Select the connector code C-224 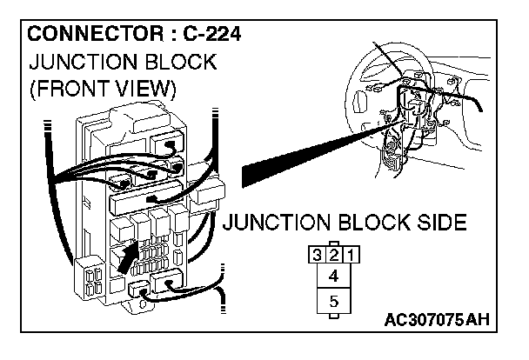pyautogui.click(x=206, y=36)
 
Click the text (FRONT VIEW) pyautogui.click(x=102, y=89)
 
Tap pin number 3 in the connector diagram pyautogui.click(x=318, y=256)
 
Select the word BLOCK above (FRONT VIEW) pyautogui.click(x=181, y=63)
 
